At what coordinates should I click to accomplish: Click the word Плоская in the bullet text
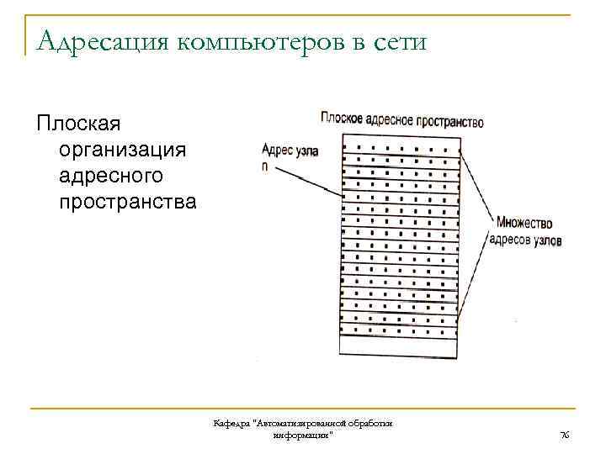click(x=78, y=124)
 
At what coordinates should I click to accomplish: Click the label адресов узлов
click(x=525, y=240)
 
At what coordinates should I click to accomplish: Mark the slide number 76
click(x=565, y=435)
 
